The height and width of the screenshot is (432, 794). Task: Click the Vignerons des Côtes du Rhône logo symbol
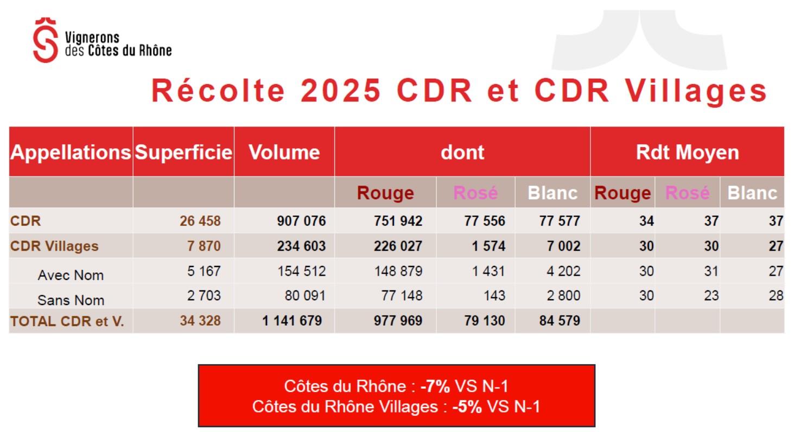point(45,40)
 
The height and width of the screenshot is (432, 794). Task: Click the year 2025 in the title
point(341,90)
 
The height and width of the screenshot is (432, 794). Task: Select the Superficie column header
point(183,153)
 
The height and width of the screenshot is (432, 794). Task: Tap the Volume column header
point(284,153)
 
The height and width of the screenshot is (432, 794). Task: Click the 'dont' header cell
point(462,153)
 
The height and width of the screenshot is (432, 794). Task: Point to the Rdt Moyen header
point(687,153)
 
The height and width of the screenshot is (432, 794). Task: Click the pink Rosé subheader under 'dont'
point(475,193)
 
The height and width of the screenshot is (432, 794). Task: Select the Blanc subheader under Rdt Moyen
point(752,193)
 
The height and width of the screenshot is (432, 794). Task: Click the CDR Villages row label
point(54,246)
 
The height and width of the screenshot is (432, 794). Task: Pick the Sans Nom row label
point(71,300)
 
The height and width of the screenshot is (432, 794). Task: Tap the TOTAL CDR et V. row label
point(67,321)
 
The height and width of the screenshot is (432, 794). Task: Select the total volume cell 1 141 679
point(292,321)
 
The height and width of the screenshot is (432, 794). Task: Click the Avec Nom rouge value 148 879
point(398,271)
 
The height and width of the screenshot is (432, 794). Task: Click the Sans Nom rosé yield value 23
point(711,296)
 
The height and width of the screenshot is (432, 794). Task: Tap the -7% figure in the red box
point(435,386)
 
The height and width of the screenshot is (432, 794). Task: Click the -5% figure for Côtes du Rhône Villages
point(467,406)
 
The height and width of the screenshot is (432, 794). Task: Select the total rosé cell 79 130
point(485,321)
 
